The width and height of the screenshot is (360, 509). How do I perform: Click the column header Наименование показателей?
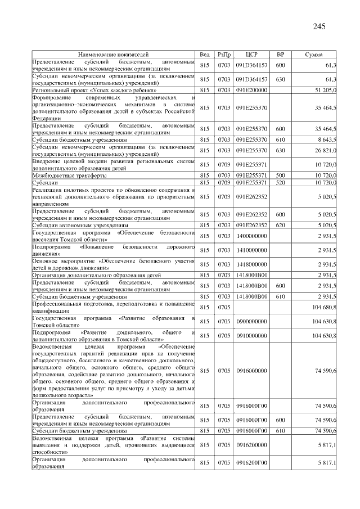tap(114, 55)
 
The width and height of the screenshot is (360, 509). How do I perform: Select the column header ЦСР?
tap(251, 55)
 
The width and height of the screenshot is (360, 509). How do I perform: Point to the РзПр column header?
tap(224, 55)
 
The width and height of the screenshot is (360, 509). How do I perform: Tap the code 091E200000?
tap(251, 90)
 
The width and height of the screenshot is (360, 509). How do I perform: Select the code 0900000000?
tap(251, 321)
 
